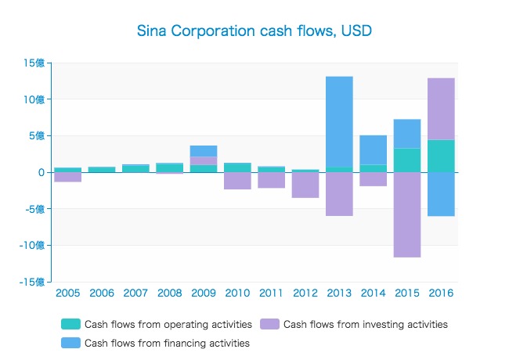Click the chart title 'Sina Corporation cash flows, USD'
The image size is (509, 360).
254,32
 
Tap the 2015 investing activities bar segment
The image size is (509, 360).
407,214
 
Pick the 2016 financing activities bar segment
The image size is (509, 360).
441,194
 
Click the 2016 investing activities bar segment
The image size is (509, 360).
441,109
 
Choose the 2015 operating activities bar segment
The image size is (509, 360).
407,160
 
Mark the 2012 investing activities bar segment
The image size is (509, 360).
305,185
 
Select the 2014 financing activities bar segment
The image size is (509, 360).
374,149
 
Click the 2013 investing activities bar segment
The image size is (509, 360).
339,194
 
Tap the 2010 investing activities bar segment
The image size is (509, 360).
237,181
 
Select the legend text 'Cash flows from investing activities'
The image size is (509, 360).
365,324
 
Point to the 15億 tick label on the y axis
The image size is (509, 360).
35,63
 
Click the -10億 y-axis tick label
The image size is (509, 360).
32,245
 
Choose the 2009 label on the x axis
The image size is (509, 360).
204,293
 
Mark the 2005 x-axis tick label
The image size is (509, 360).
68,293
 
